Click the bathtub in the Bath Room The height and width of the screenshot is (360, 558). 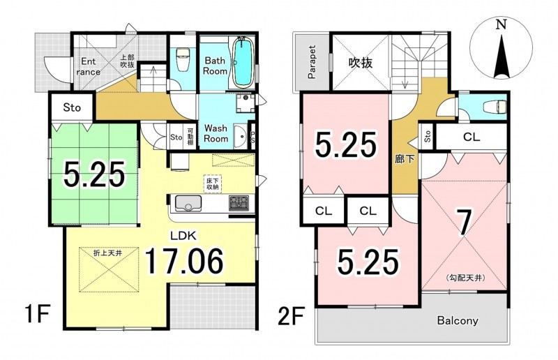[x=243, y=63]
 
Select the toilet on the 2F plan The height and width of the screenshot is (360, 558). [x=497, y=107]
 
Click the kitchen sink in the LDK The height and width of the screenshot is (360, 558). [x=188, y=202]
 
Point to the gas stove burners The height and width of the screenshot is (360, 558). [x=237, y=202]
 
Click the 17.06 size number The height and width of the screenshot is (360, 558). [x=184, y=262]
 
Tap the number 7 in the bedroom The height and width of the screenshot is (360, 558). [x=464, y=223]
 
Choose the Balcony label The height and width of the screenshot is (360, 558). [x=458, y=320]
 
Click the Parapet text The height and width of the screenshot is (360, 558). [x=312, y=61]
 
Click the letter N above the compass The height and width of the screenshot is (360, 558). [x=502, y=24]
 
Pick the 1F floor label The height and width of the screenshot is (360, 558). [x=36, y=314]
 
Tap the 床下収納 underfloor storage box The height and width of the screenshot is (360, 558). [x=213, y=183]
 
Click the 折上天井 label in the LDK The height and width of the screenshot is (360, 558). [x=108, y=253]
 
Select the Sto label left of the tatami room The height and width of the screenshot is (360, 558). [x=72, y=107]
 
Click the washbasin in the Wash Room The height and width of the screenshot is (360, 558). [x=241, y=135]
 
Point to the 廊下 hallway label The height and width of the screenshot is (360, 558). [x=405, y=159]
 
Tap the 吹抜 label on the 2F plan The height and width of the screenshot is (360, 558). [x=360, y=63]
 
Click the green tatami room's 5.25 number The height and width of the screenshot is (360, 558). [x=94, y=174]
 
